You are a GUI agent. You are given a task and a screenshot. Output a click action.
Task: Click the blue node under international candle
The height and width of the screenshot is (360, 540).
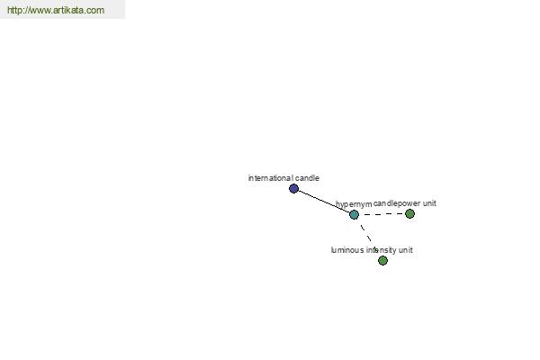coord(293,188)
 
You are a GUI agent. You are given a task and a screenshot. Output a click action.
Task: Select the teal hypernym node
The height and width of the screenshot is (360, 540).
coord(354,214)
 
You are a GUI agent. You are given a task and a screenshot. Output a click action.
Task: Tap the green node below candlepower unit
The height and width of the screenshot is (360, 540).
coord(409,214)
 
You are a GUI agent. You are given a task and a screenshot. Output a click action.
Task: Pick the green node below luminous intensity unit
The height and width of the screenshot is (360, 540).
coord(383,260)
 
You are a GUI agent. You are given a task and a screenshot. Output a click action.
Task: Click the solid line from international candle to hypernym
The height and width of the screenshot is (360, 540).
coord(324,202)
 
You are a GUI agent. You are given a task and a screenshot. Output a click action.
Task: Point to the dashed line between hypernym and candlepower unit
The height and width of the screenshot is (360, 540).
coord(382,214)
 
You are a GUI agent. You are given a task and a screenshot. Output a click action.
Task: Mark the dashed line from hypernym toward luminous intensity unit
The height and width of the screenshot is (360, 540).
coord(365,233)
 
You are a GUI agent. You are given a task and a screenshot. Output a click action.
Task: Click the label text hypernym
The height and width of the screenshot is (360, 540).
coord(354,204)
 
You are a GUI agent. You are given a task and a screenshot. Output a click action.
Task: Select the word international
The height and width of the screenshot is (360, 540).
coord(271,178)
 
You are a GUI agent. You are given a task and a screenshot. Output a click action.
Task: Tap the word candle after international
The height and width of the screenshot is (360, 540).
coord(307,178)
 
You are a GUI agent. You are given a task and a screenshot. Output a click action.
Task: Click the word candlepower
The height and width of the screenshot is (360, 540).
coord(397,203)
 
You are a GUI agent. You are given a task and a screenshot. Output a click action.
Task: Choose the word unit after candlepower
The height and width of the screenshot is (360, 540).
coord(429,203)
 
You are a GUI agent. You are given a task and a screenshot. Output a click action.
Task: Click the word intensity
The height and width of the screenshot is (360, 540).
coord(381,250)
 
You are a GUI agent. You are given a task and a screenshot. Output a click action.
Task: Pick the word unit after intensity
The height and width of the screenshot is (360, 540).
coord(406,250)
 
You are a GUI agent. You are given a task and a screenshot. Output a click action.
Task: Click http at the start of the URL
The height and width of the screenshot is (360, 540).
coord(13,10)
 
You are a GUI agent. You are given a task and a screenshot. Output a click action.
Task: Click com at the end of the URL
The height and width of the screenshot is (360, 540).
coord(95,11)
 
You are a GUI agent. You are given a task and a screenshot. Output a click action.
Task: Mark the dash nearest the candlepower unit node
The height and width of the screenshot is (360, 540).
coord(399,214)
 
